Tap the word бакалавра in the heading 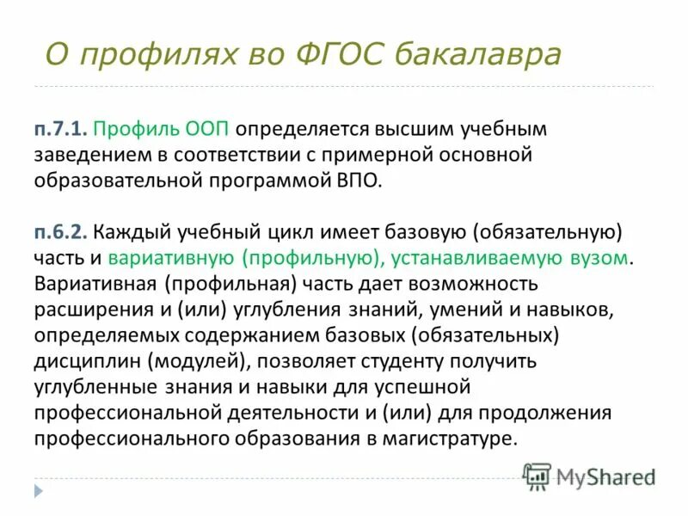tap(479, 55)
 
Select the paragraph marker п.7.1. tap(59, 130)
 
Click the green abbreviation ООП tap(207, 130)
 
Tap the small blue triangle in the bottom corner tap(38, 491)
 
